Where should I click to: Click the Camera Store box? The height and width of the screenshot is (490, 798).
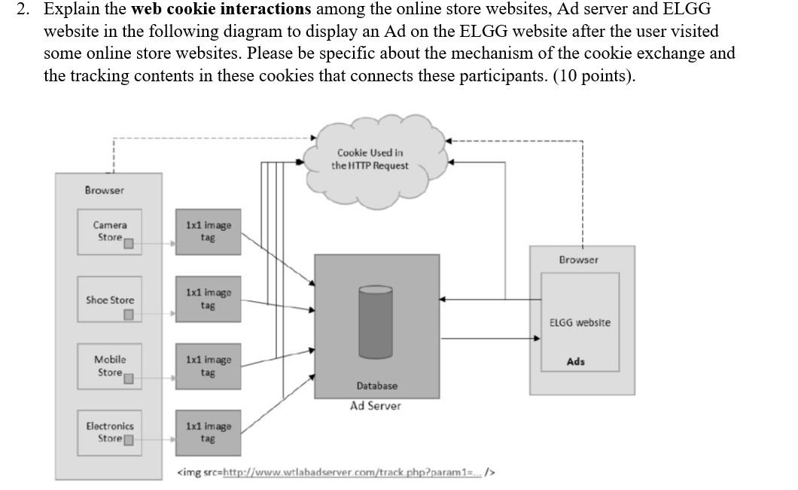(110, 231)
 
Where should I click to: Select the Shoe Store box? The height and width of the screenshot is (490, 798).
(110, 300)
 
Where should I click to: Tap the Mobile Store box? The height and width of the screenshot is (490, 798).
(110, 366)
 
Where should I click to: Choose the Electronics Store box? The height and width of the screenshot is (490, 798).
(110, 432)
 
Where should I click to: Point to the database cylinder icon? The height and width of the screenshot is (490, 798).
(375, 321)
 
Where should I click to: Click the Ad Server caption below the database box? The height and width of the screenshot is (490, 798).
(375, 406)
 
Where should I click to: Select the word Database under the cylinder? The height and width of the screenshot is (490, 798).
(376, 385)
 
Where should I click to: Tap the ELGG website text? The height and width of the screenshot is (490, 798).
(580, 322)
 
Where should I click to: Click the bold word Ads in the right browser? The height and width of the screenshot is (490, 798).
(575, 361)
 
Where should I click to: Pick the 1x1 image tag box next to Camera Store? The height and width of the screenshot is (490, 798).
(209, 231)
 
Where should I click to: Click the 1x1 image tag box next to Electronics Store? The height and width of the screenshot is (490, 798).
(209, 432)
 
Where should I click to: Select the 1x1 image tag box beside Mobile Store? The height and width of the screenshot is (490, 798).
(209, 366)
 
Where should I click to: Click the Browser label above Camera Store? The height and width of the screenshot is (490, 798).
(104, 190)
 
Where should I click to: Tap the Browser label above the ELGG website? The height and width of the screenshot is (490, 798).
(578, 260)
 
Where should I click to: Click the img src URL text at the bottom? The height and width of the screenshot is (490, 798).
(336, 473)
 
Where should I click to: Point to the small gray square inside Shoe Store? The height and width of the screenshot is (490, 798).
(129, 314)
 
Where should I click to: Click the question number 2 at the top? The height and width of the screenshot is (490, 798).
(23, 10)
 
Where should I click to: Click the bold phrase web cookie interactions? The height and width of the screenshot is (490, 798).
(221, 10)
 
